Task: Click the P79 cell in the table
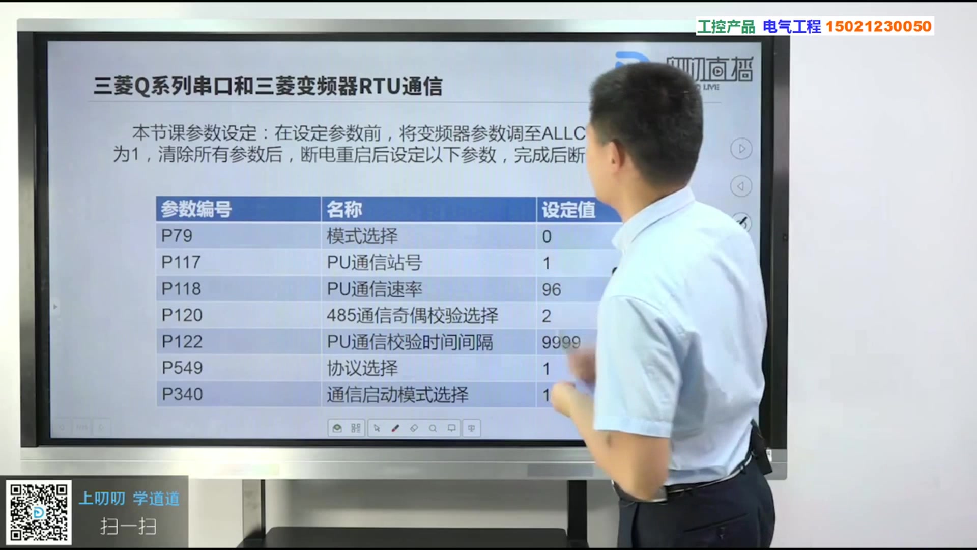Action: click(x=177, y=236)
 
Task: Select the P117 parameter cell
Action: click(x=181, y=262)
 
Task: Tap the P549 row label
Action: click(x=182, y=368)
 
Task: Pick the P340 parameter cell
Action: click(x=182, y=394)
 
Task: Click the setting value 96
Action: click(x=551, y=289)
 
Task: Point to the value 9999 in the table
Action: click(x=560, y=342)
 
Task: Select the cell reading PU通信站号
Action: click(x=375, y=263)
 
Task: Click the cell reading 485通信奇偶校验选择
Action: click(x=412, y=316)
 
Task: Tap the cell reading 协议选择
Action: click(x=362, y=368)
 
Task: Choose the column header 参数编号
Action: click(x=196, y=209)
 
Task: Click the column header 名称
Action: click(x=344, y=209)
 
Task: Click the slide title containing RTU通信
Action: click(x=268, y=86)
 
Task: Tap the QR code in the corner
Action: click(x=39, y=512)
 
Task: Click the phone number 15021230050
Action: click(x=878, y=26)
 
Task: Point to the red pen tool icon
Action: click(x=395, y=428)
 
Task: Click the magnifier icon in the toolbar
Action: click(x=433, y=428)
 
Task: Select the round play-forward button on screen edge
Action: click(x=741, y=149)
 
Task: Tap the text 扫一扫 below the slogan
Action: click(x=128, y=526)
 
